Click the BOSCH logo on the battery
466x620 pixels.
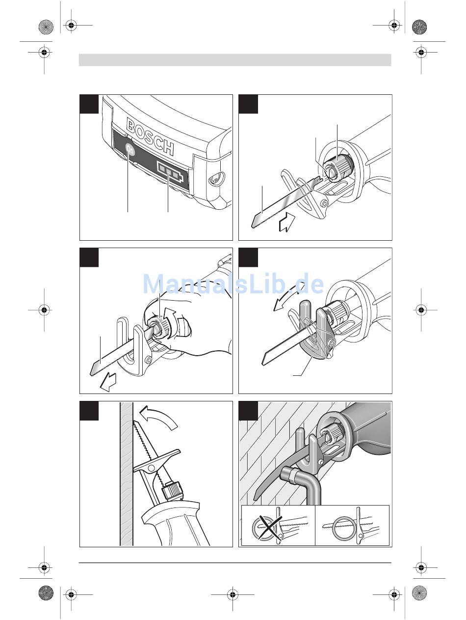point(150,136)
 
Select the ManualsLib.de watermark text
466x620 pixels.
point(233,284)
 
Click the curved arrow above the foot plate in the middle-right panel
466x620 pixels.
point(288,299)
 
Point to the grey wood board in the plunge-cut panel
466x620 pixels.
point(127,474)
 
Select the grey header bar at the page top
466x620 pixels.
point(235,60)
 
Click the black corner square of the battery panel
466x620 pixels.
point(89,104)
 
